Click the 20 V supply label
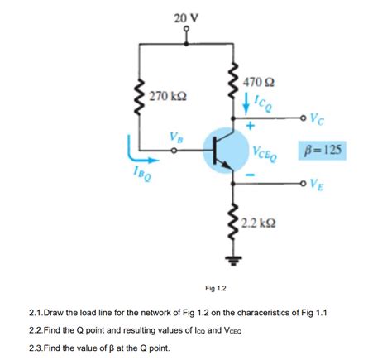point(186,18)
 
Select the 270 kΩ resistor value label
point(169,97)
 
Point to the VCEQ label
point(265,153)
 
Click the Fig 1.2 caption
point(216,287)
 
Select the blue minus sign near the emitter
point(250,175)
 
